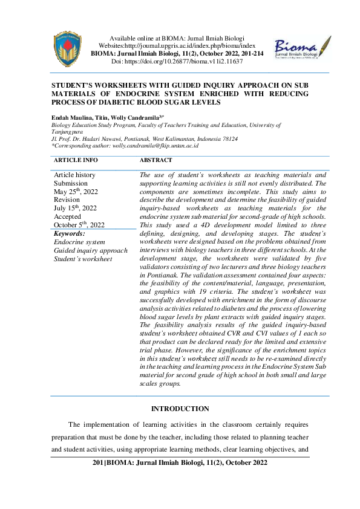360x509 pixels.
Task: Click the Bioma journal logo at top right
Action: (x=301, y=48)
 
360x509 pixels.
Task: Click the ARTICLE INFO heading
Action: (x=76, y=160)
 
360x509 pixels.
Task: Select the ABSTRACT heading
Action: (x=155, y=160)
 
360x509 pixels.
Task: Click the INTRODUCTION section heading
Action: (x=180, y=409)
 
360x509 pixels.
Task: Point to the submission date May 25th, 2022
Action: (x=75, y=191)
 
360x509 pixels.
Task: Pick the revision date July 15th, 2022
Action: (x=75, y=208)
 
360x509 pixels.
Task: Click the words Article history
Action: (x=74, y=174)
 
